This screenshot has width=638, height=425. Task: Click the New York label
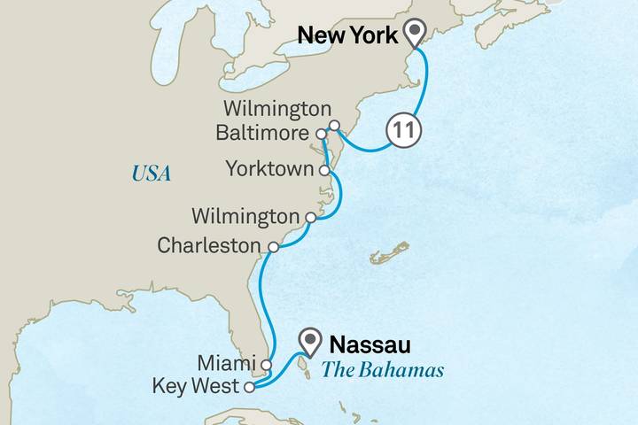coord(349,36)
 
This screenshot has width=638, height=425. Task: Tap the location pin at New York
coord(415,34)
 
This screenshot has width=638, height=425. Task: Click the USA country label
coord(151,174)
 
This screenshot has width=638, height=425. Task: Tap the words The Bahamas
coord(382,370)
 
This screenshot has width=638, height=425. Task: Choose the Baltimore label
coord(264,135)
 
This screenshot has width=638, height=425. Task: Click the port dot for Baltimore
coord(321,135)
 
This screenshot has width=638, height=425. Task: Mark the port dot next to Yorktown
coord(325,168)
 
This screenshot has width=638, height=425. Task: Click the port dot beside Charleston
coord(273,248)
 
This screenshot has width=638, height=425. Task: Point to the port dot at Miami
coord(266,364)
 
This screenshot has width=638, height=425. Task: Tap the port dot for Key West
coord(250,387)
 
